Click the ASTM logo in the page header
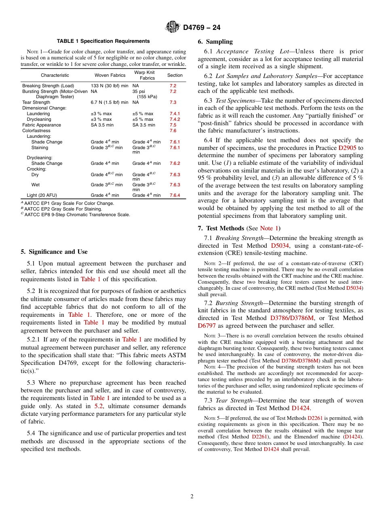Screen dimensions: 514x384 click(173, 27)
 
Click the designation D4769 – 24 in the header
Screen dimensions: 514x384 click(202, 28)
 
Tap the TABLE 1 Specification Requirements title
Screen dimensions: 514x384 click(103, 41)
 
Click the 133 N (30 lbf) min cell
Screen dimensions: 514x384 click(110, 86)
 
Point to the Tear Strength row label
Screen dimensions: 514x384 click(36, 103)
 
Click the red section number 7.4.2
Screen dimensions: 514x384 click(175, 120)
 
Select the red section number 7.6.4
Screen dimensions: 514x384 click(175, 196)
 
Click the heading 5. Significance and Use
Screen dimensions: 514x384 click(54, 252)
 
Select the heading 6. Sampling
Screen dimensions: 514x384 click(215, 42)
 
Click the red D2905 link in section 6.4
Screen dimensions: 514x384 click(347, 148)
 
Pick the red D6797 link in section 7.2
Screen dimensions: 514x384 click(207, 326)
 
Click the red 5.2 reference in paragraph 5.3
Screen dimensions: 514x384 click(99, 406)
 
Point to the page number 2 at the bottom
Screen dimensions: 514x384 click(192, 497)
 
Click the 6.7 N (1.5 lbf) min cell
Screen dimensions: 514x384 click(110, 103)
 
